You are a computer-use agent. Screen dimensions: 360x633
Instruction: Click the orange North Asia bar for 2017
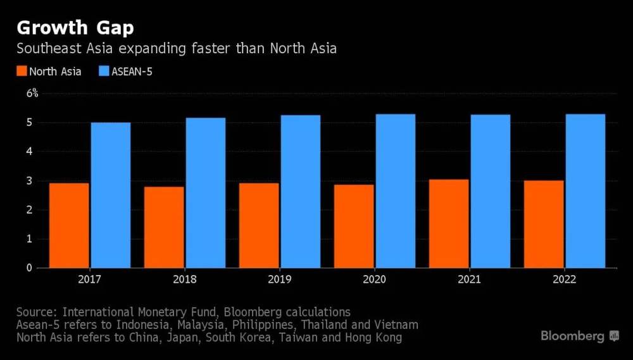point(69,225)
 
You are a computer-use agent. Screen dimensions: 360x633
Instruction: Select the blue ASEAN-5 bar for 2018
point(205,192)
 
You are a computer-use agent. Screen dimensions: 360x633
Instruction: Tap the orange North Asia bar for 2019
point(259,225)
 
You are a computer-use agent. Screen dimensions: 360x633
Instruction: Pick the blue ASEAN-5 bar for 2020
point(395,190)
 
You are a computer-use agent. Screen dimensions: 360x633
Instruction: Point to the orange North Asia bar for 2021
point(449,223)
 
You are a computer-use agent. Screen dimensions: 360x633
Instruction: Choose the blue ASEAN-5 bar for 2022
point(585,190)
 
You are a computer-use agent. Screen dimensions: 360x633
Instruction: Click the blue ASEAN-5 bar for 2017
point(110,195)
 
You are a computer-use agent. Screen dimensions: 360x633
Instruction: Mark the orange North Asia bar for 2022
point(544,224)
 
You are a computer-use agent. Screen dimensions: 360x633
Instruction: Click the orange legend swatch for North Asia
point(22,71)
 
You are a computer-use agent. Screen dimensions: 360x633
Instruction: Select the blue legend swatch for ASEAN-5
point(104,71)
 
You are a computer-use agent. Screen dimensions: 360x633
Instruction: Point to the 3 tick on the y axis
point(29,181)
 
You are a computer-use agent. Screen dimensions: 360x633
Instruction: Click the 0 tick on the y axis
point(29,268)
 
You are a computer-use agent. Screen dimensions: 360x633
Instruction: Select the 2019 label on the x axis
point(279,280)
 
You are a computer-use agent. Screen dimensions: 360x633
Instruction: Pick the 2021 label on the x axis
point(469,280)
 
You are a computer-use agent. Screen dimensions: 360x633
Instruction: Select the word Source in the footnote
point(35,312)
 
